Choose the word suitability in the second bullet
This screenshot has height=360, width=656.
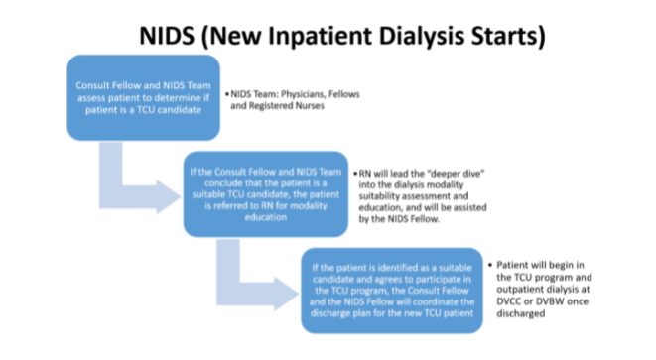coord(391,196)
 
